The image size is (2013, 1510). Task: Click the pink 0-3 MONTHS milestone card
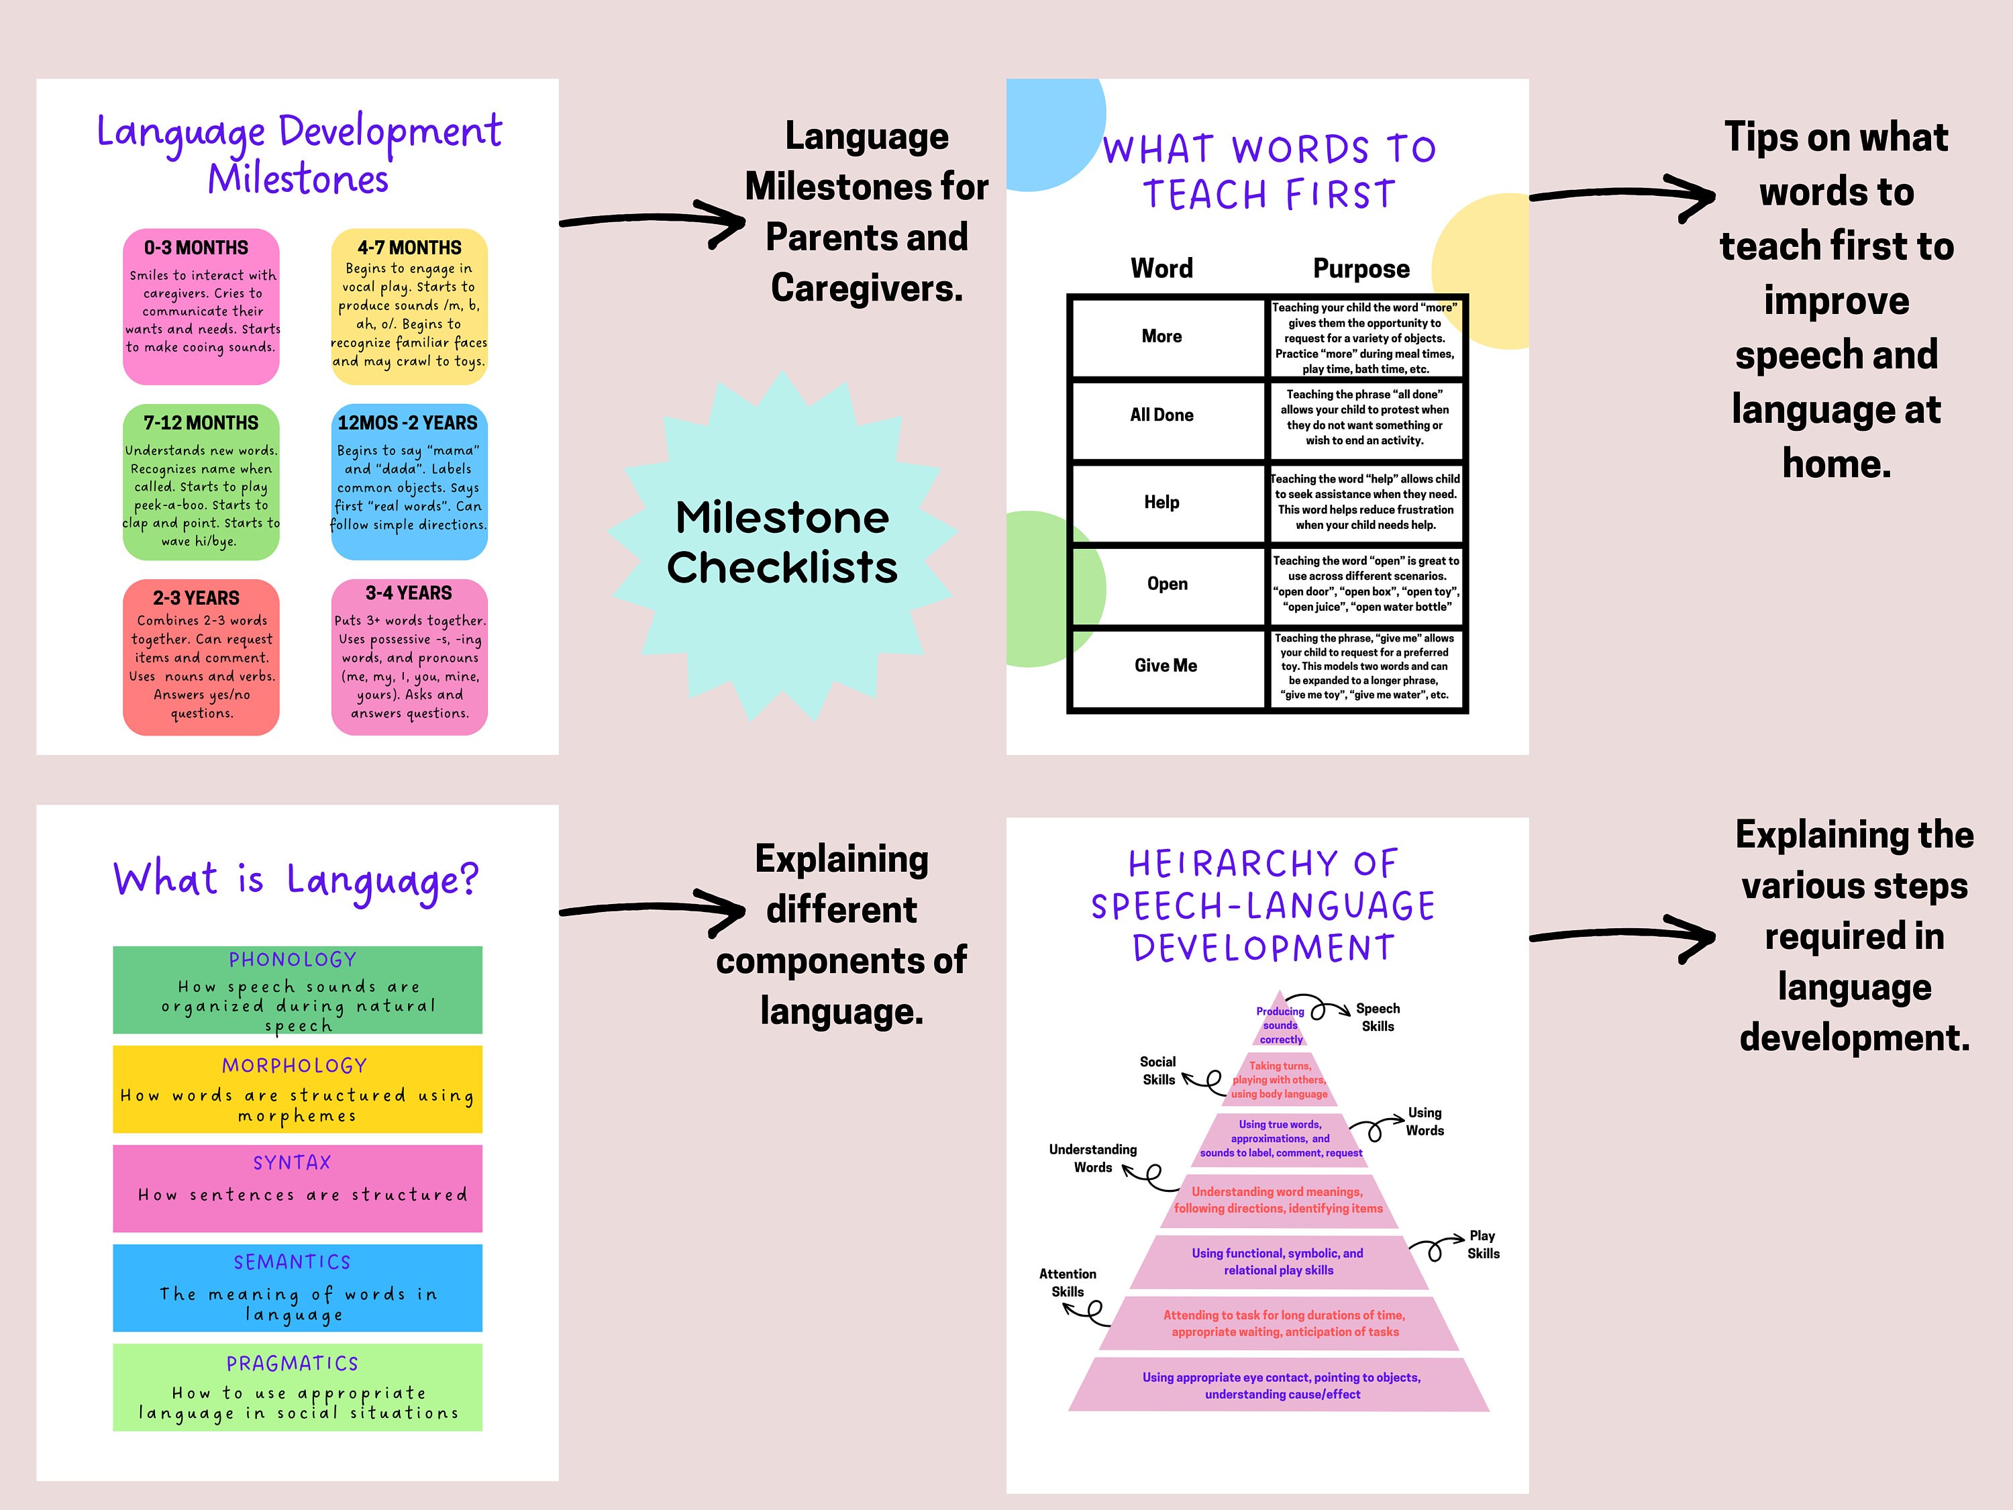[201, 307]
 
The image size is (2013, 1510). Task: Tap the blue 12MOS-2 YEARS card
[409, 481]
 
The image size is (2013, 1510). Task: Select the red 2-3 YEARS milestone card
[201, 657]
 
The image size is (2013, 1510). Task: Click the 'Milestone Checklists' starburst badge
[782, 544]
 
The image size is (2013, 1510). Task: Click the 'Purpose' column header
[1361, 268]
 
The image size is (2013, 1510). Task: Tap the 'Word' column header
[1162, 268]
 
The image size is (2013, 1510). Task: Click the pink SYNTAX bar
[297, 1188]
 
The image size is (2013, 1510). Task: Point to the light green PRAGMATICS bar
[297, 1387]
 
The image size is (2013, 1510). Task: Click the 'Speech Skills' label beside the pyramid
[1378, 1017]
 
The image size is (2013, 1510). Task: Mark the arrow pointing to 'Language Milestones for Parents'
[652, 220]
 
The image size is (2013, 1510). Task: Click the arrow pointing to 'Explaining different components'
[652, 910]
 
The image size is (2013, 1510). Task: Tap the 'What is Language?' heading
[296, 880]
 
